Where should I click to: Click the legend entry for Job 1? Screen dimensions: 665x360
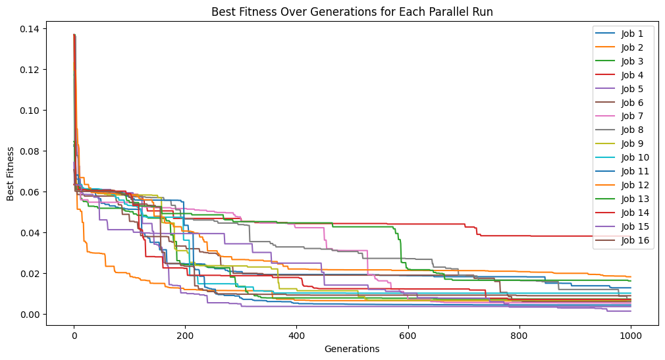tap(632, 34)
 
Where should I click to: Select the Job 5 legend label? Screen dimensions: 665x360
tap(632, 89)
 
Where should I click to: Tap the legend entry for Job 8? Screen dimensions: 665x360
tap(632, 130)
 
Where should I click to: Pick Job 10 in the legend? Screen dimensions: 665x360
tap(635, 157)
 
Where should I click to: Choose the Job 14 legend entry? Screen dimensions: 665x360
tap(635, 213)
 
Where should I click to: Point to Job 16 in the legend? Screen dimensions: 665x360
tap(635, 240)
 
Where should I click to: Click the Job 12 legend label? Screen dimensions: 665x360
tap(635, 185)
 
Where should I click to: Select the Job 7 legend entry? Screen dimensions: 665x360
tap(632, 116)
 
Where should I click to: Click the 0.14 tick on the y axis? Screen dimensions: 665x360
tap(29, 29)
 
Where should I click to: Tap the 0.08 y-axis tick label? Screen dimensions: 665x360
tap(29, 151)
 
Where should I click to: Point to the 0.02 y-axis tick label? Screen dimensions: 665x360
tap(29, 274)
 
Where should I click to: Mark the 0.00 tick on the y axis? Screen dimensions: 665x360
tap(29, 314)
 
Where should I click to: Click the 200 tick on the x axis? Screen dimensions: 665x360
tap(185, 336)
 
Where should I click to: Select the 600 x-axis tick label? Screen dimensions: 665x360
tap(408, 336)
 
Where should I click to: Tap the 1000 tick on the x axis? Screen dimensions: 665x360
tap(631, 336)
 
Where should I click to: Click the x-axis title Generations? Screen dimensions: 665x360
tap(352, 349)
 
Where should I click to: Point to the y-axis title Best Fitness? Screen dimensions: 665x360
tap(10, 174)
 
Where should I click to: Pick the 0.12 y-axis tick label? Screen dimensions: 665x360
tap(29, 70)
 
